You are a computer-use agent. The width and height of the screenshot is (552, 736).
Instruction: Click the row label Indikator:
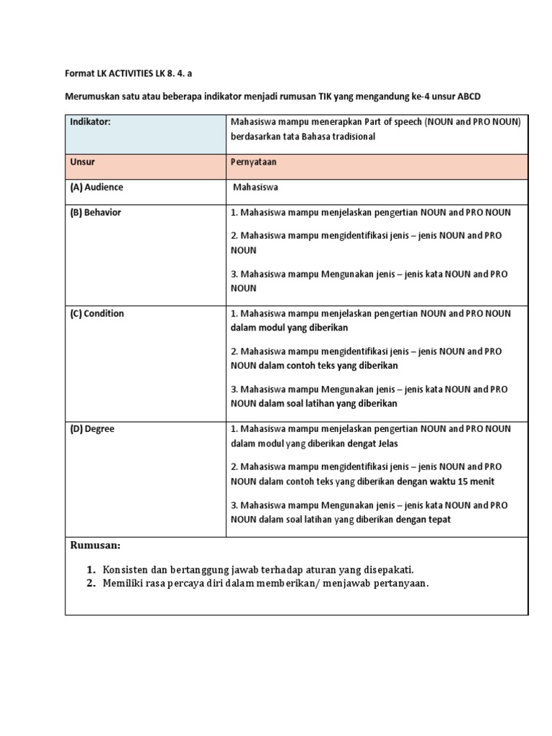click(91, 122)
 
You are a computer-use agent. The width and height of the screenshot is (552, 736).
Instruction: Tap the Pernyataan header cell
click(254, 162)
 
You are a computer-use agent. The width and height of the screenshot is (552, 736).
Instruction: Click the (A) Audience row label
click(96, 188)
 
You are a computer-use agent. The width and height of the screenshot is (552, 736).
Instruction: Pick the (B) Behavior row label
click(96, 213)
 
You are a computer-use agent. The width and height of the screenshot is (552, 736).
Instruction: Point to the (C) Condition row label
click(97, 313)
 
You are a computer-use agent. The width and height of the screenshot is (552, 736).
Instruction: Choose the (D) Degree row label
click(92, 429)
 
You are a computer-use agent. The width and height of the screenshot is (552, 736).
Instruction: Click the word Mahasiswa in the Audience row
click(255, 188)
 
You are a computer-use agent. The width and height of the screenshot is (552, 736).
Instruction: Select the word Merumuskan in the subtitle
click(92, 96)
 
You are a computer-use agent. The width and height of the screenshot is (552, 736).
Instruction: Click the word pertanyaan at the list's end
click(398, 584)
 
